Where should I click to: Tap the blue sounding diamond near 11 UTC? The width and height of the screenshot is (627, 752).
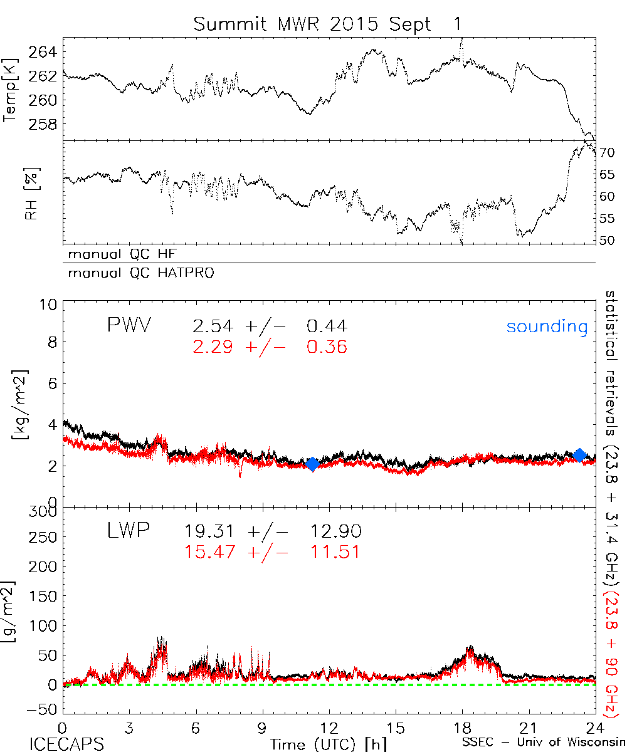[312, 464]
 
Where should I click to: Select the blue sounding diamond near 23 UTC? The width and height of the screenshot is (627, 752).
[580, 455]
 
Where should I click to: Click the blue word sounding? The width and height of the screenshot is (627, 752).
[547, 326]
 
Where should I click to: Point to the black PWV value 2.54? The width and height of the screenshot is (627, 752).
[213, 326]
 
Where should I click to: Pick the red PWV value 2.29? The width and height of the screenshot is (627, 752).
[213, 347]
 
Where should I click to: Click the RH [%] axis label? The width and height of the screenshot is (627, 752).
[29, 198]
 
